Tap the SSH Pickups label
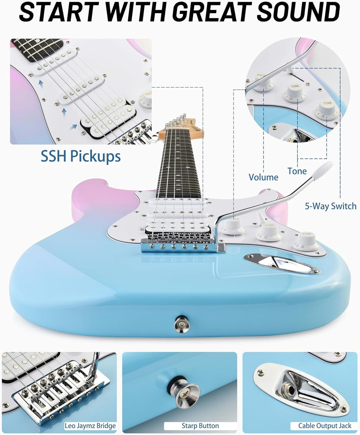81,156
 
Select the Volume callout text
264,177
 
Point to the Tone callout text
297,171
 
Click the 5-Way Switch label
331,206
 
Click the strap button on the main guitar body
181,324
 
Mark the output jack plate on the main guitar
282,263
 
